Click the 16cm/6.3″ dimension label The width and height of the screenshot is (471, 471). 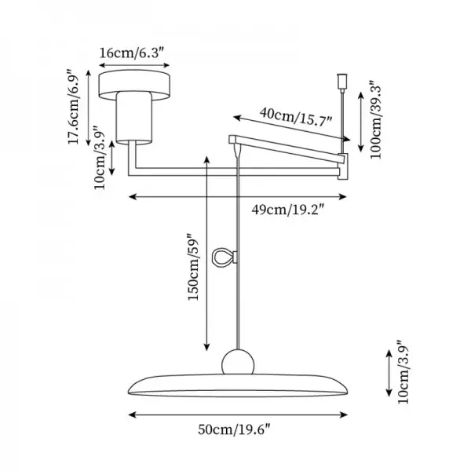point(131,54)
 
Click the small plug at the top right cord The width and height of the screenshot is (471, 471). point(342,81)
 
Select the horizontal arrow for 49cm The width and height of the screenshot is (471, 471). point(237,196)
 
